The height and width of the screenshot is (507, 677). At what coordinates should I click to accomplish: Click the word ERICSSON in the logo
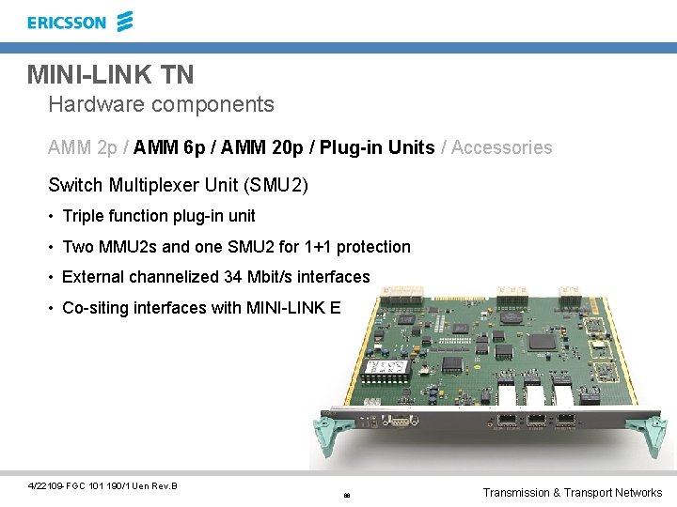[x=67, y=23]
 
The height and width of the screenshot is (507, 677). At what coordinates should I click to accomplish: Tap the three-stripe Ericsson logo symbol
[x=124, y=21]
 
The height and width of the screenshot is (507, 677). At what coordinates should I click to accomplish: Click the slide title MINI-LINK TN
[x=110, y=73]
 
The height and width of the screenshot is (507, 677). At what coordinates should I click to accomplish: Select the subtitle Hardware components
[x=161, y=104]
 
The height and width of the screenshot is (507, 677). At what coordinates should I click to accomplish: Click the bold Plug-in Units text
[x=377, y=147]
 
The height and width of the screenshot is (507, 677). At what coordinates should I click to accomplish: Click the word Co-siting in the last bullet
[x=93, y=307]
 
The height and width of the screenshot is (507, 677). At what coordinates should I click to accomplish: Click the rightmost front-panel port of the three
[x=564, y=421]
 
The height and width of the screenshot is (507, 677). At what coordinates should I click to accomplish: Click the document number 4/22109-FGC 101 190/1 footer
[x=102, y=485]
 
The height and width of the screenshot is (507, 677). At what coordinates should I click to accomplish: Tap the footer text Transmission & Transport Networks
[x=572, y=492]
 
